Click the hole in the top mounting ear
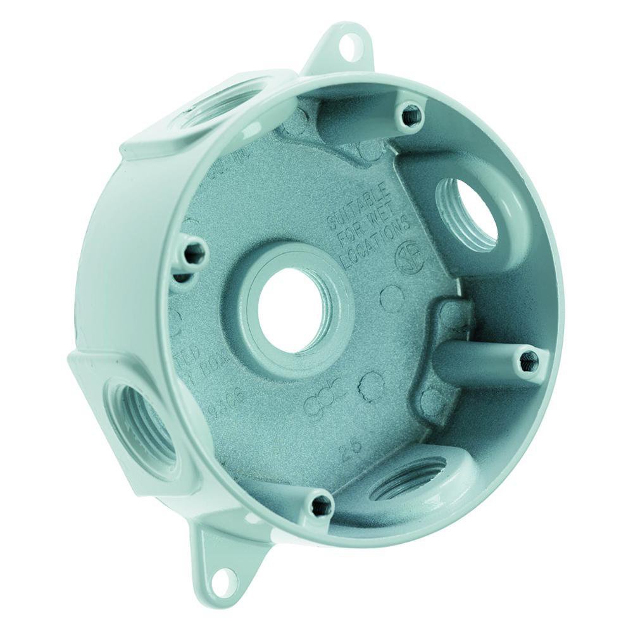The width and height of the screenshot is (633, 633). pos(348,44)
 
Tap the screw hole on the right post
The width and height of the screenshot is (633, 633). pos(529,361)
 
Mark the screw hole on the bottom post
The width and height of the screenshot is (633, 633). pos(321,504)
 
